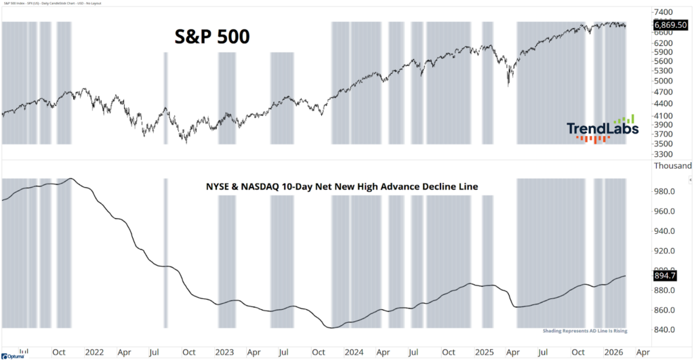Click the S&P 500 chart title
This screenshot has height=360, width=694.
209,38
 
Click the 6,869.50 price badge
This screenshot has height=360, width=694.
670,24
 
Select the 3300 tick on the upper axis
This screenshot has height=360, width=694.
664,154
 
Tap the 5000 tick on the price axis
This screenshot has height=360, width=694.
664,81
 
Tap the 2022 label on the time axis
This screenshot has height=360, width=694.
94,353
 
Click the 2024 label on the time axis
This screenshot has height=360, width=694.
354,353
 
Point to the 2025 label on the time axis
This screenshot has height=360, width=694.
484,353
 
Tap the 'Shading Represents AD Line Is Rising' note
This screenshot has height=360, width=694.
584,331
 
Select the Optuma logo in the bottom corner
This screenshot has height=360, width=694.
12,355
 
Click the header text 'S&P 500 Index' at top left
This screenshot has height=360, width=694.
20,3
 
